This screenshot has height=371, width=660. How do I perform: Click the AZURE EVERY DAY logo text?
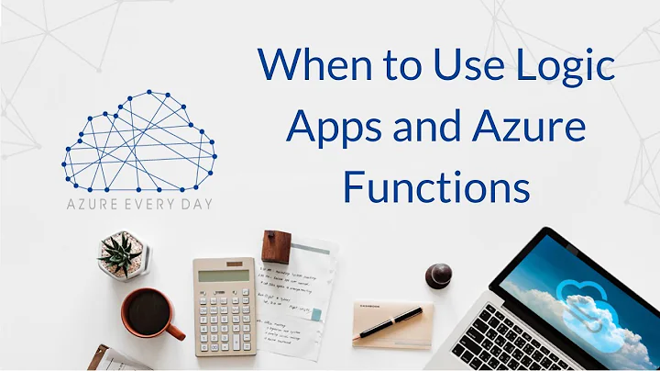pyautogui.click(x=138, y=203)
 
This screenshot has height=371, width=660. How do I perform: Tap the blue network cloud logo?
pyautogui.click(x=138, y=142)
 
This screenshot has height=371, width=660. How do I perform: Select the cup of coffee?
pyautogui.click(x=147, y=312)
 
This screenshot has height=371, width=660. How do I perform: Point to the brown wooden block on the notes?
pyautogui.click(x=275, y=246)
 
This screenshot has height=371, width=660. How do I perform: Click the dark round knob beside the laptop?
pyautogui.click(x=438, y=274)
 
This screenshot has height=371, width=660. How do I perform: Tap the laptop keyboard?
pyautogui.click(x=513, y=345)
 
